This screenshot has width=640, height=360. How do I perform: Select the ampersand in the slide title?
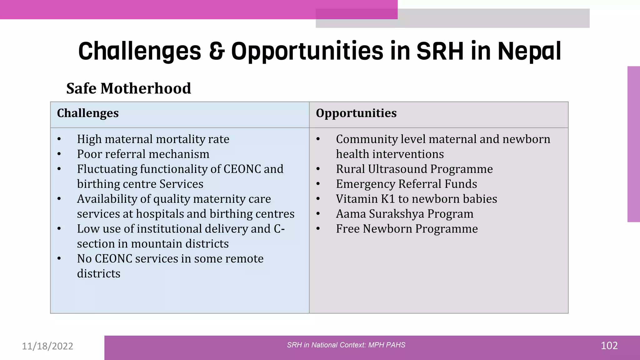217,51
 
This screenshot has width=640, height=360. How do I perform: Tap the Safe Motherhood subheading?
128,88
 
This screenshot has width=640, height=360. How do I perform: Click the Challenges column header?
88,113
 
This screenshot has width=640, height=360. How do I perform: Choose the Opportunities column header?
356,113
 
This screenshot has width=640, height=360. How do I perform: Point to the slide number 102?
609,346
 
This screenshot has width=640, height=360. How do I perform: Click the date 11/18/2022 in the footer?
47,346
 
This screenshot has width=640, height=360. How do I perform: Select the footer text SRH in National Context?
346,345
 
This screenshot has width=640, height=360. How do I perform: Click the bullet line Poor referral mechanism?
143,154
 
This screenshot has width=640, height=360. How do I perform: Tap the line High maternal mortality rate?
153,139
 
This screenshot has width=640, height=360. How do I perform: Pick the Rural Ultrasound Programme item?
414,169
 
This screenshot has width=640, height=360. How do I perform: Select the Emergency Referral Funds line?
406,184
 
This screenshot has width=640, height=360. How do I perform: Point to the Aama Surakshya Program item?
404,214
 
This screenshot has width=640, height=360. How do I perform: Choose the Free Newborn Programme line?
407,229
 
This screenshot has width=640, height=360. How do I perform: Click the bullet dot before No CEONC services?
59,259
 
